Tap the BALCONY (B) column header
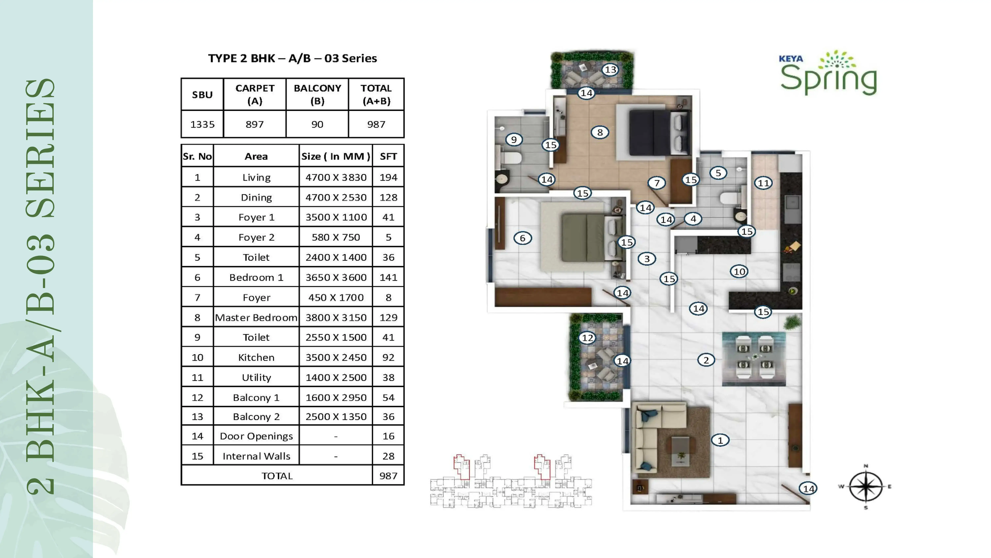pyautogui.click(x=317, y=94)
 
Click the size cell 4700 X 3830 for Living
pyautogui.click(x=336, y=177)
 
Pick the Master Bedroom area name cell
pyautogui.click(x=256, y=317)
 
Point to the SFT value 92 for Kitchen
pyautogui.click(x=388, y=357)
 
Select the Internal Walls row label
pyautogui.click(x=256, y=456)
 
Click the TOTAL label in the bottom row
pyautogui.click(x=277, y=476)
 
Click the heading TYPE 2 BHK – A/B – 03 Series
pyautogui.click(x=292, y=58)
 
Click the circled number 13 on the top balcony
pyautogui.click(x=610, y=70)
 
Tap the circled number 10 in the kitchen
pyautogui.click(x=739, y=271)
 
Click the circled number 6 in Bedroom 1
pyautogui.click(x=522, y=238)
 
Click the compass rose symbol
pyautogui.click(x=866, y=487)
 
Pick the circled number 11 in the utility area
pyautogui.click(x=763, y=183)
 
